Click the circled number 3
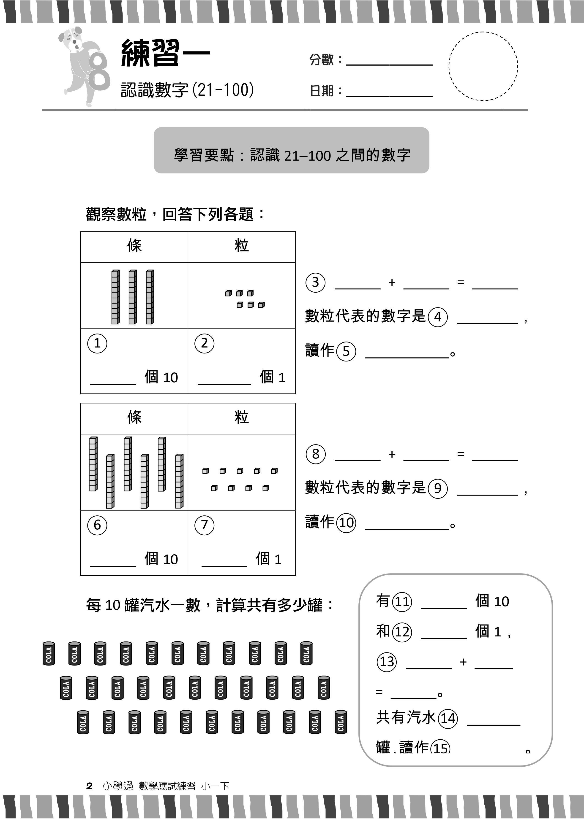click(x=315, y=282)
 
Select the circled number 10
click(x=346, y=523)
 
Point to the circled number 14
click(x=448, y=718)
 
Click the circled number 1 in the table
click(x=97, y=343)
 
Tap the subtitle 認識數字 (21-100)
click(x=187, y=90)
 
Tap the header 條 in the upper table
click(x=134, y=246)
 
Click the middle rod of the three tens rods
click(x=133, y=297)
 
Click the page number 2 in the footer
click(x=90, y=786)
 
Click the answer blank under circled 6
click(x=113, y=566)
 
